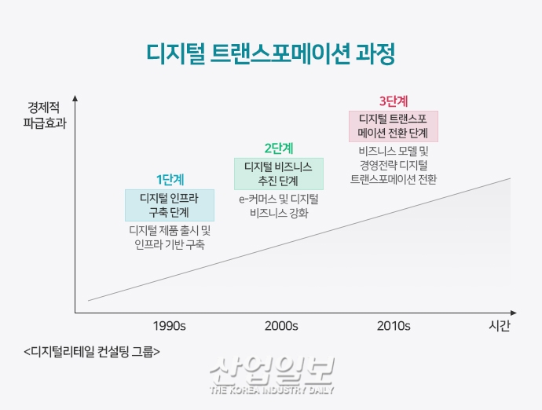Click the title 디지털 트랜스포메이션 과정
coord(271,54)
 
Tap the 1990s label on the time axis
coord(169,325)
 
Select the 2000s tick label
coord(281,325)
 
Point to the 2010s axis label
coord(394,325)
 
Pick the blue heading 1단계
coord(169,178)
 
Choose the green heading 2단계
coord(279,147)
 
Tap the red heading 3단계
coord(393,101)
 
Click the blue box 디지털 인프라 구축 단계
coord(169,204)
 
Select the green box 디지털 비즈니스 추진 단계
coord(278,174)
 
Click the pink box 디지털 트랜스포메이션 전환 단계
coord(393,126)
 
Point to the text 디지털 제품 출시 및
coord(170,230)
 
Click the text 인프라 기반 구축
coord(170,244)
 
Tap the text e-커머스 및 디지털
coord(279,199)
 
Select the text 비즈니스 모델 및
coord(393,151)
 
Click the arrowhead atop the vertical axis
coord(75,99)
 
